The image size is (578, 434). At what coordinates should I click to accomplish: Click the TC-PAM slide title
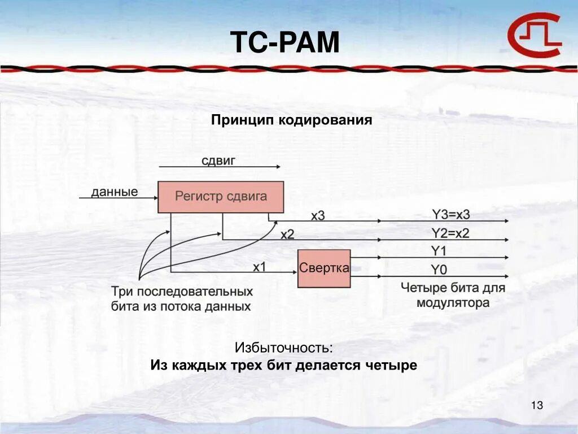click(285, 43)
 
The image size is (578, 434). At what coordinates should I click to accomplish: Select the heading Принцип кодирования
click(292, 120)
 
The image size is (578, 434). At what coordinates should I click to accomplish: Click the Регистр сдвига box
click(220, 197)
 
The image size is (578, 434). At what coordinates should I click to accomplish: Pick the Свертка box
click(324, 268)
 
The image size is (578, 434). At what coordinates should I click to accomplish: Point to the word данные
click(115, 192)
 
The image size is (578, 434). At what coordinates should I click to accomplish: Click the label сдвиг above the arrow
click(218, 160)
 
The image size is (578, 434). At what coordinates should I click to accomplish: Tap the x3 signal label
click(318, 215)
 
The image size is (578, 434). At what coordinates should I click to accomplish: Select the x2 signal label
click(287, 234)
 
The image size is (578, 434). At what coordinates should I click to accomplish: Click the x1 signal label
click(259, 267)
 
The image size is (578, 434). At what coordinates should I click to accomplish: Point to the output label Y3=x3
click(450, 214)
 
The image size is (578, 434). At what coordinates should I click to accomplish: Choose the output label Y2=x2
click(450, 233)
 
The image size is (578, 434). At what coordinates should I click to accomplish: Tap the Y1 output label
click(438, 251)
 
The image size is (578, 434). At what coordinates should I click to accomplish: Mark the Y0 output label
click(439, 269)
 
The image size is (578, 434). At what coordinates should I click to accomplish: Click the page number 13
click(537, 405)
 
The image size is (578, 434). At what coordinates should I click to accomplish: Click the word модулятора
click(453, 303)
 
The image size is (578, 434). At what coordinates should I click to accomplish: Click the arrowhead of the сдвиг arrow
click(278, 167)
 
